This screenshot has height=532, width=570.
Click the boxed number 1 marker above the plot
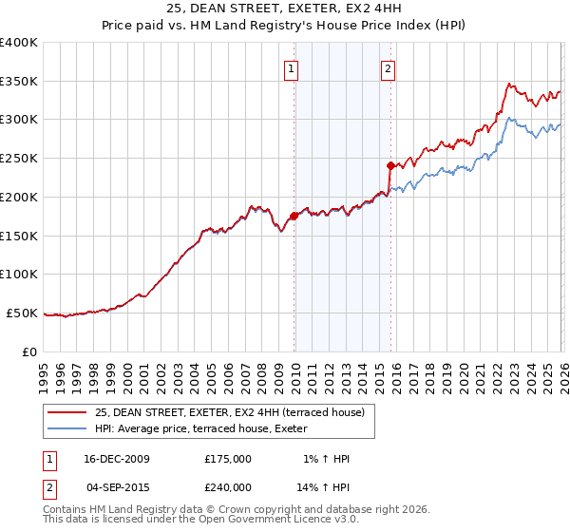click(x=291, y=67)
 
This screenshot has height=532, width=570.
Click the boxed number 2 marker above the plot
click(x=389, y=67)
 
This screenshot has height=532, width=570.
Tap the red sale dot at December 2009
click(x=294, y=216)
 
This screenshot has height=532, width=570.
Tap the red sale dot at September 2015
click(x=390, y=165)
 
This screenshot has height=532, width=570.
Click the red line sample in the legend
click(x=68, y=411)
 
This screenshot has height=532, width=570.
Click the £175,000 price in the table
click(x=228, y=459)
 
